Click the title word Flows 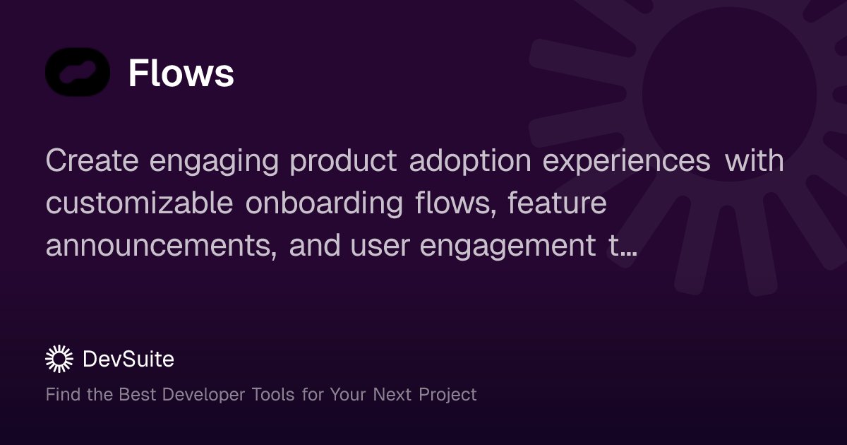(181, 73)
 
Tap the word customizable (139, 204)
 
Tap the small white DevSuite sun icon (59, 359)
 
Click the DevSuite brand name (128, 360)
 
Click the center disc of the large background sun (728, 95)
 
